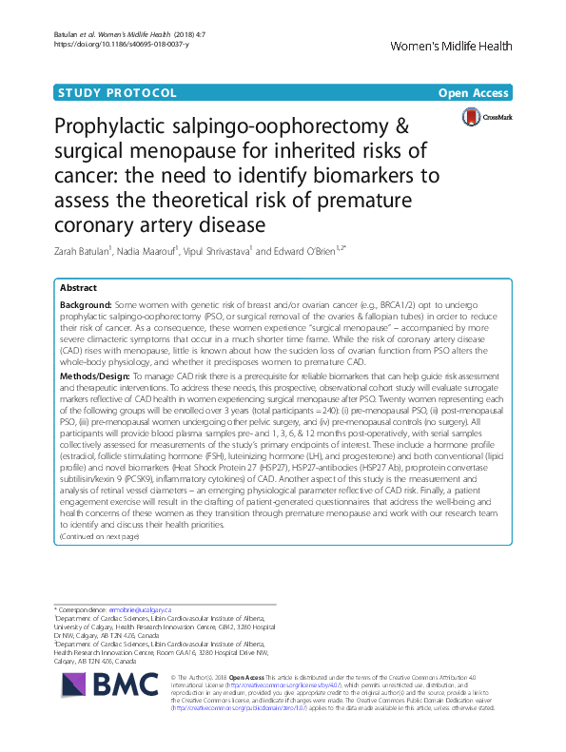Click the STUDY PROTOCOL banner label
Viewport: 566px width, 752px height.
click(x=117, y=93)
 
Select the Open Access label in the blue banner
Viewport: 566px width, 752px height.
click(x=476, y=93)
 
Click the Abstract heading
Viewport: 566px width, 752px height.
click(x=78, y=286)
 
